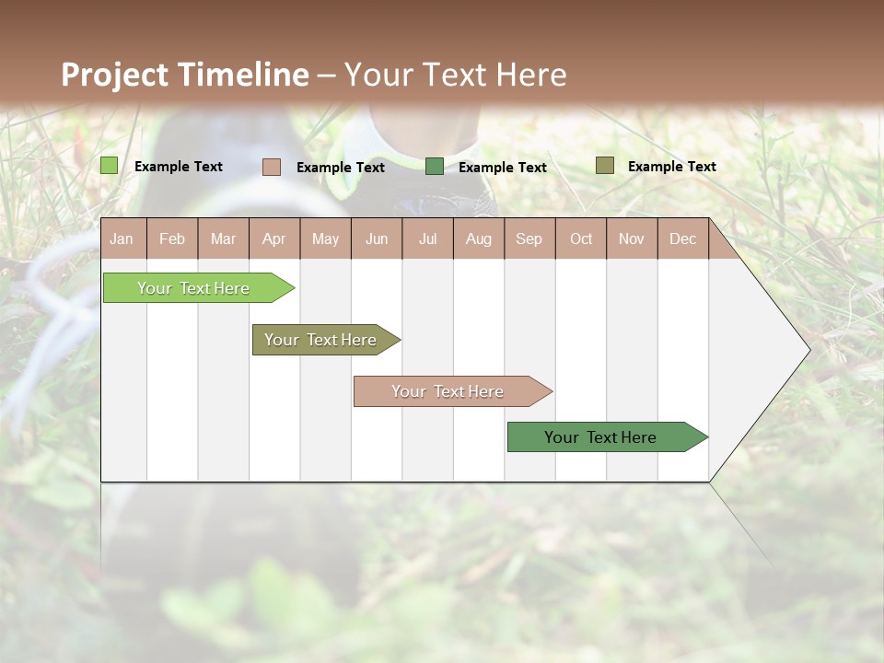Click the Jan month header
[x=122, y=238]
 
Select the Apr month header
[x=273, y=238]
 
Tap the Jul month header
[x=427, y=238]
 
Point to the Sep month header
[x=529, y=238]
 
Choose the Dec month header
[x=682, y=238]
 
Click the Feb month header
[x=172, y=238]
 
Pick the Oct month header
[x=581, y=238]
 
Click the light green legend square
[x=109, y=166]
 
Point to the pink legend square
[x=271, y=167]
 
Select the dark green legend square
[x=434, y=167]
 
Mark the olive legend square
[x=604, y=166]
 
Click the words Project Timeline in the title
[x=184, y=75]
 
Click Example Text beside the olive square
[x=671, y=167]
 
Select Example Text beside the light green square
[x=179, y=167]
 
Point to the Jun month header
[x=377, y=238]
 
